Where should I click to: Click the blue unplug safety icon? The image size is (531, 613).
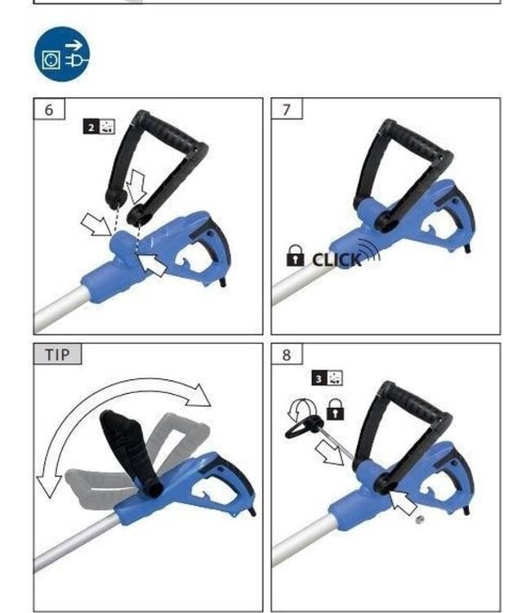click(62, 54)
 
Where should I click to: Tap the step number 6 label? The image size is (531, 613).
click(49, 110)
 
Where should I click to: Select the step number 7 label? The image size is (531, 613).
click(287, 110)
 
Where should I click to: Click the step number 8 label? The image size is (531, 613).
click(287, 355)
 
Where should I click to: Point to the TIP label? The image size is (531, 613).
click(58, 355)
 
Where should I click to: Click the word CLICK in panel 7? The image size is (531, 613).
click(337, 260)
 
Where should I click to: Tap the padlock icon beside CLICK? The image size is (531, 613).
click(295, 256)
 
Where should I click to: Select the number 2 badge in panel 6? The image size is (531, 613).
click(91, 127)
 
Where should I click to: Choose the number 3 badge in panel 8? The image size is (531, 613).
click(319, 378)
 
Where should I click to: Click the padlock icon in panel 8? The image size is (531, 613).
click(335, 409)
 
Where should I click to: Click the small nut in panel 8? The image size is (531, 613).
click(419, 520)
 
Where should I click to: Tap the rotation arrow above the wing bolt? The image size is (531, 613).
click(301, 410)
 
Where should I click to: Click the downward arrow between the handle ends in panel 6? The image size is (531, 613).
click(136, 186)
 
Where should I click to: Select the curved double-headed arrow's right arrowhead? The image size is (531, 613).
click(199, 396)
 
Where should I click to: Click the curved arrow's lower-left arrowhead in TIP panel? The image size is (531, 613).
click(48, 485)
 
